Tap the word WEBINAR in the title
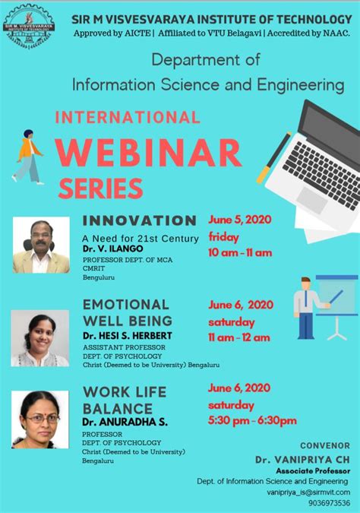[x=148, y=152]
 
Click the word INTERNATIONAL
[x=128, y=117]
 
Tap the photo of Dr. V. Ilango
[x=41, y=245]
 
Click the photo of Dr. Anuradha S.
[x=39, y=420]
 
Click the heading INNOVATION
[x=139, y=220]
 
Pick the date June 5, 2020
[x=240, y=220]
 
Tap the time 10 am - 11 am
[x=240, y=252]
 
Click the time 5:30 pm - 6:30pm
[x=252, y=420]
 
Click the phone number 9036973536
[x=324, y=502]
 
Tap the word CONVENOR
[x=325, y=445]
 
